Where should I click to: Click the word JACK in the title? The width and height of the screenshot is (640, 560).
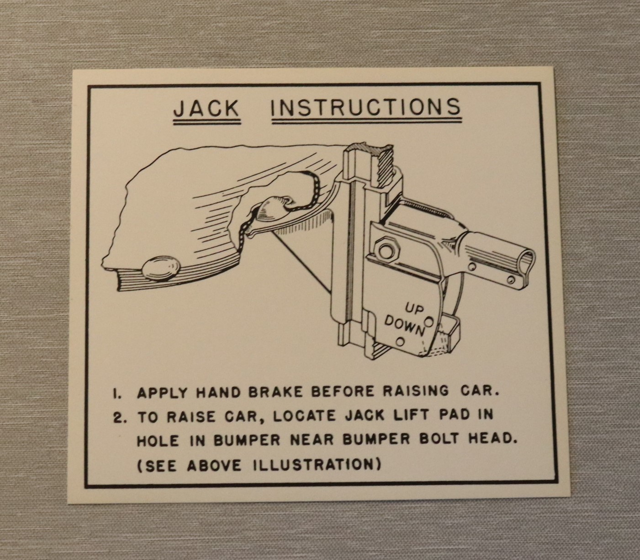coord(207,108)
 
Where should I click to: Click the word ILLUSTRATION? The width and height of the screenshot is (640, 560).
coord(313,465)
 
